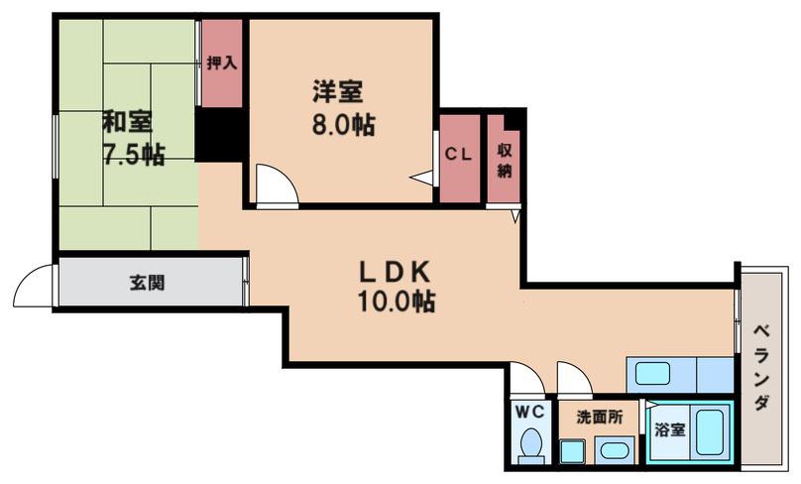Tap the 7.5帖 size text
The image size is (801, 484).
(135, 154)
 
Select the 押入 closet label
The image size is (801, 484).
(222, 62)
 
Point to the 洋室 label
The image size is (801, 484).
(337, 92)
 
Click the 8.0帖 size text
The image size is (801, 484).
(343, 124)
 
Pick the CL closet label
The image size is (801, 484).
(458, 155)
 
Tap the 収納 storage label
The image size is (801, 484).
(505, 161)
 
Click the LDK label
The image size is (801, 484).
(395, 272)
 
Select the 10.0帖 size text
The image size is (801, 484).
(397, 302)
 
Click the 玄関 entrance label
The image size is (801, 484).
(147, 283)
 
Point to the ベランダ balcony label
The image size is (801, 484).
(761, 367)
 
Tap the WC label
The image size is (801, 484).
(529, 412)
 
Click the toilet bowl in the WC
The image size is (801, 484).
(531, 443)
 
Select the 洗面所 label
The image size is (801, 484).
(600, 417)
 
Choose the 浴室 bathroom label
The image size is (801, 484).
(670, 429)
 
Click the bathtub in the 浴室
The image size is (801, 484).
(711, 431)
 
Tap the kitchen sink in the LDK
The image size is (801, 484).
(652, 374)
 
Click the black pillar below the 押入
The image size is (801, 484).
(220, 135)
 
